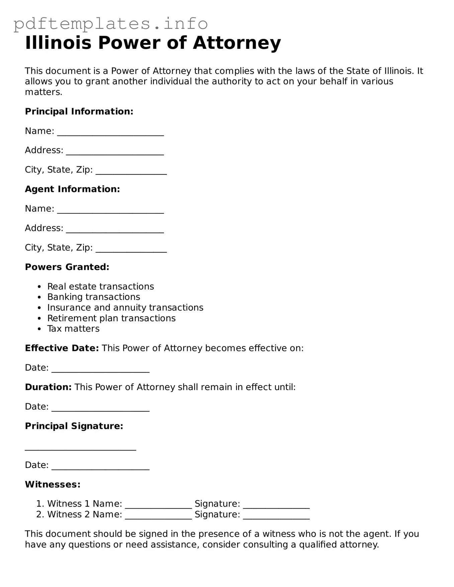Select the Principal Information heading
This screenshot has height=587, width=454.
coord(79,111)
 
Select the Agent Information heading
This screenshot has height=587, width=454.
coord(72,189)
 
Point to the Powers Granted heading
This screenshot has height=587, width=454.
coord(67,267)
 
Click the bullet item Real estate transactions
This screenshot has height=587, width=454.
coord(100,286)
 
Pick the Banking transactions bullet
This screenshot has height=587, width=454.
coord(93,297)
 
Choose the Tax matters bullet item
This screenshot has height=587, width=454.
coord(73,329)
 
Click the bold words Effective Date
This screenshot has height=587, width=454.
coord(62,348)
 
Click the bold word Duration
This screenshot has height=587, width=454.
coord(48,387)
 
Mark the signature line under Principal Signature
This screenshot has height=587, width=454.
coord(80,448)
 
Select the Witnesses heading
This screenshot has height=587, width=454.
coord(53,484)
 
